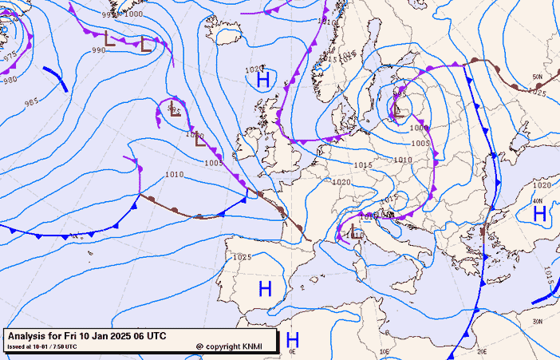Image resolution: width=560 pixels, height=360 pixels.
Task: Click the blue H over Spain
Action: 265,288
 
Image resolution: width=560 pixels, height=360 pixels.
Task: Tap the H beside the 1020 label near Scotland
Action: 262,79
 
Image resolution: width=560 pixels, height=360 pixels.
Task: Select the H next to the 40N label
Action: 539,213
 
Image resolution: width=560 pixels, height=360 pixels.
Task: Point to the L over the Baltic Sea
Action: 396,110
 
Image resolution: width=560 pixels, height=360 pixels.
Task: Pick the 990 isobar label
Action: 98,50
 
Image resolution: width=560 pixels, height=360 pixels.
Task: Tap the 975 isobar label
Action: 10,56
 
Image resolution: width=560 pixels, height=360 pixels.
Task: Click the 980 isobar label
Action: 10,80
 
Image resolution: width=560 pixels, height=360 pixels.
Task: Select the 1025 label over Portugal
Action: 243,257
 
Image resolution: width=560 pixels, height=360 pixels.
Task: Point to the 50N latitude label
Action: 537,77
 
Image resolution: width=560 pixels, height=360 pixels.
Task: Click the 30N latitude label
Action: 537,322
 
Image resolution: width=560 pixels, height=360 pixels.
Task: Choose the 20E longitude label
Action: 481,351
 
